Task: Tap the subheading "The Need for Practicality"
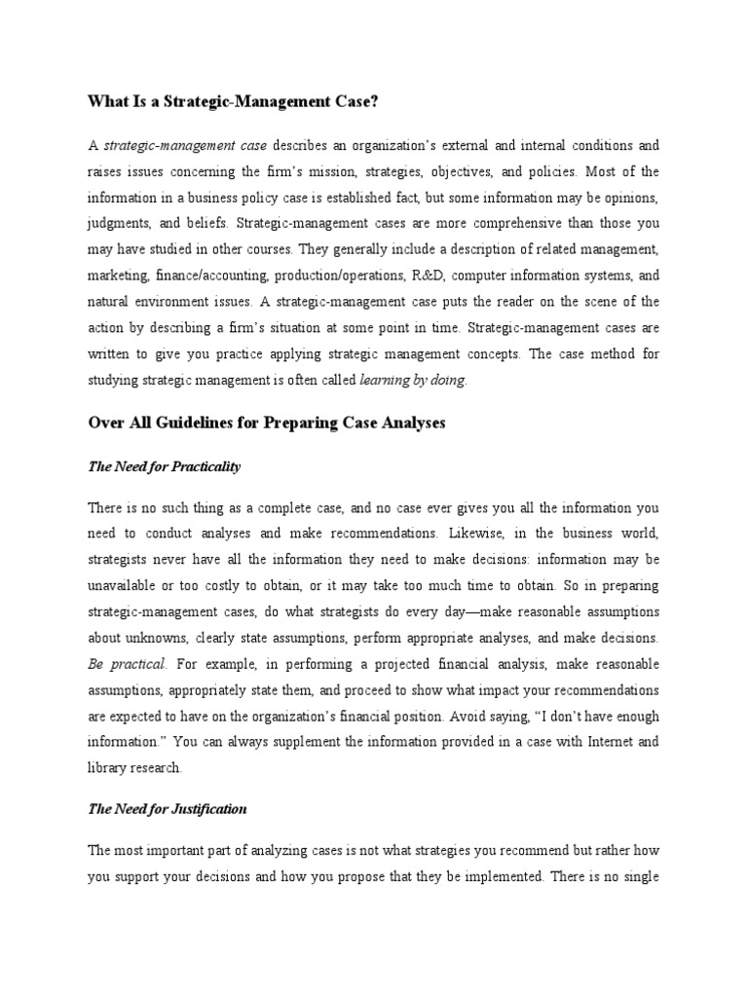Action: [164, 466]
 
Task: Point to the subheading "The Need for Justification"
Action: [167, 808]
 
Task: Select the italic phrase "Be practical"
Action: [127, 663]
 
